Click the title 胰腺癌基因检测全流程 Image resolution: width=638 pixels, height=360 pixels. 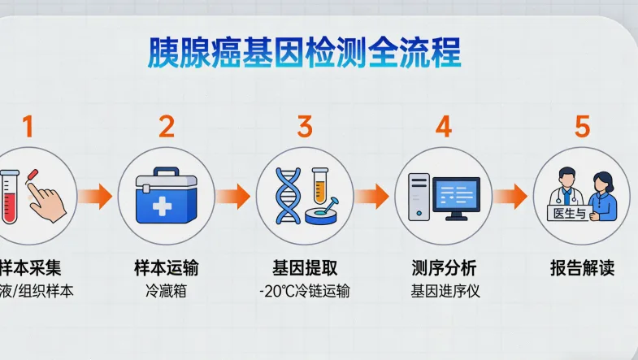304,53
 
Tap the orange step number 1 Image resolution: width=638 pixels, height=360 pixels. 28,127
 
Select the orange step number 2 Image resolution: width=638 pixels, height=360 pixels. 166,127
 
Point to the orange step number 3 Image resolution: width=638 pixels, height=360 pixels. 305,127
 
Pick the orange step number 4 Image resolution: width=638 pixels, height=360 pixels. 443,127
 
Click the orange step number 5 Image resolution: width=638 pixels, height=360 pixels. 582,127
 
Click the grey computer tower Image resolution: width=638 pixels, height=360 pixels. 418,197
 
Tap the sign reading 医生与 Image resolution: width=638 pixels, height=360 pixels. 568,213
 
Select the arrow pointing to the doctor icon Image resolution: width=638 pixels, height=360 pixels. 510,196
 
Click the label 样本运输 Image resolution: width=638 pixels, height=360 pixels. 166,267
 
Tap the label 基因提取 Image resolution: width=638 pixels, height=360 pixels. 305,267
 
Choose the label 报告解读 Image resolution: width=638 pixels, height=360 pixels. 582,267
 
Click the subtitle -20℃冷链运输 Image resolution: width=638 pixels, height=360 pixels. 305,290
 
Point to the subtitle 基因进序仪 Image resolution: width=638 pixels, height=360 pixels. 444,290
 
